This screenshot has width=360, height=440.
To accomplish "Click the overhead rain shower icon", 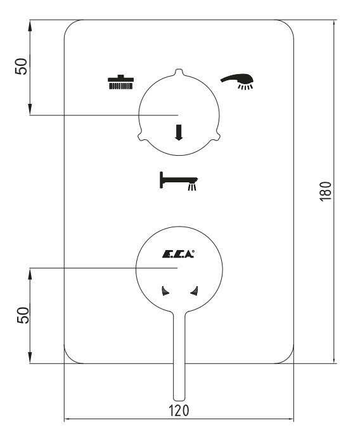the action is coord(120,82).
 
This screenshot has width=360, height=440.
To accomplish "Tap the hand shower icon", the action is coord(238,82).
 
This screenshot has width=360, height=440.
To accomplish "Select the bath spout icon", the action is coord(179,181).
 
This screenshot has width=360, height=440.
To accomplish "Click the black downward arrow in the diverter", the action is coord(179,132).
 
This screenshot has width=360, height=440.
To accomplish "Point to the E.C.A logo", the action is coord(178,254).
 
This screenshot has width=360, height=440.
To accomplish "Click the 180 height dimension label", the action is coord(326,191).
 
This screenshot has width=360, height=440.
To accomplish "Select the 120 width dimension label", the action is coord(179,410).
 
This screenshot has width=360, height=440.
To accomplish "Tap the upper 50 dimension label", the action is coord(22,66).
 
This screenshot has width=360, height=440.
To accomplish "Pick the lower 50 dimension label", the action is coord(23,315).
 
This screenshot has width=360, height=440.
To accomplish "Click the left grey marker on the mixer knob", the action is coord(165,291).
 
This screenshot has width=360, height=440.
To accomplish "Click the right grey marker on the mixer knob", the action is coord(194,291).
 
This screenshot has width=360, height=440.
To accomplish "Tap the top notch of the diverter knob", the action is coord(179,72).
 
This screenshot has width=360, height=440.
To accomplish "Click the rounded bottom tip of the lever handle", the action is coord(179,398).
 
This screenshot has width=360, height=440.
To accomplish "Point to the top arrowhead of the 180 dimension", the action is coord(334,24).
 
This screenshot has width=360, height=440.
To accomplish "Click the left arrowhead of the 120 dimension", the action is coord(68,420).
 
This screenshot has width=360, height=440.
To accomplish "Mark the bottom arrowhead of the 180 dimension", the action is coord(334,359).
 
